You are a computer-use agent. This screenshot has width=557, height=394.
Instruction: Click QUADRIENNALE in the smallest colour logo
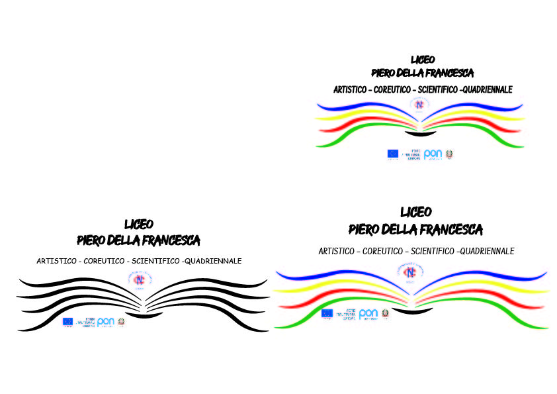tap(487, 89)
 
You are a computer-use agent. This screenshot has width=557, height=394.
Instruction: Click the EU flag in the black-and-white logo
tap(67, 322)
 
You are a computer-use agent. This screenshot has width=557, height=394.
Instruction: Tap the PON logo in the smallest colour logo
tap(433, 154)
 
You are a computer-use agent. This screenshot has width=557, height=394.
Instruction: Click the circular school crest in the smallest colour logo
tap(419, 104)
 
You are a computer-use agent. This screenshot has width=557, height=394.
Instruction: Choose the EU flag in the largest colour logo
tap(327, 314)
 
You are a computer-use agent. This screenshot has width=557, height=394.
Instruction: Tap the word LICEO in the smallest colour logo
tap(423, 60)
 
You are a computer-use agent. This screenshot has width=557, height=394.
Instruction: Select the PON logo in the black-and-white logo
tap(106, 322)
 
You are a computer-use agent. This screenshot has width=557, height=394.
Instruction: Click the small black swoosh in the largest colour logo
tap(412, 311)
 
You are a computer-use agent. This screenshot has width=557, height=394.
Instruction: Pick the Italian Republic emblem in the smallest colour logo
tap(450, 154)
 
